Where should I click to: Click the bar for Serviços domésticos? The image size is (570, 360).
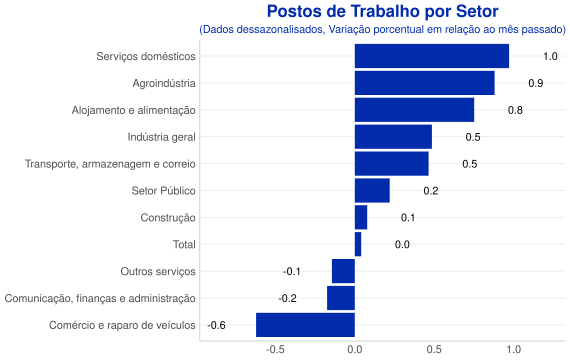pyautogui.click(x=432, y=56)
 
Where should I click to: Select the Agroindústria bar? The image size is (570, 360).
pyautogui.click(x=425, y=83)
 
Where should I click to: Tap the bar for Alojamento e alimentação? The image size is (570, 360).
pyautogui.click(x=414, y=110)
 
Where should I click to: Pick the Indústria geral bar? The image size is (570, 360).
pyautogui.click(x=393, y=137)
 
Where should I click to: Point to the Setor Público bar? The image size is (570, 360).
pyautogui.click(x=372, y=191)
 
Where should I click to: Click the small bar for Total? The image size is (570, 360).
pyautogui.click(x=358, y=244)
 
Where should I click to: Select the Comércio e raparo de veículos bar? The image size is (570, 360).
pyautogui.click(x=305, y=325)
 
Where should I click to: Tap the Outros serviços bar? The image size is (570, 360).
pyautogui.click(x=343, y=271)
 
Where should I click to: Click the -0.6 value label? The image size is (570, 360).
pyautogui.click(x=216, y=325)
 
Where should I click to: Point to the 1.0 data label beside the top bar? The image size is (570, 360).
pyautogui.click(x=550, y=56)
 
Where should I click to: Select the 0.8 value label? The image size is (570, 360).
pyautogui.click(x=515, y=110)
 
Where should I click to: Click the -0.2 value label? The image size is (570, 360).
pyautogui.click(x=287, y=298)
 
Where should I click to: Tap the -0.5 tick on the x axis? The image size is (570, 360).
pyautogui.click(x=275, y=350)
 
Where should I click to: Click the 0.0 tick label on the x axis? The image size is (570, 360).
pyautogui.click(x=355, y=350)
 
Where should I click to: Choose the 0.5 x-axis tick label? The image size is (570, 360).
pyautogui.click(x=434, y=350)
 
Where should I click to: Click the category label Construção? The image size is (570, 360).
pyautogui.click(x=168, y=218)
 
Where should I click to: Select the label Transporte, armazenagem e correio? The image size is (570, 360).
pyautogui.click(x=110, y=164)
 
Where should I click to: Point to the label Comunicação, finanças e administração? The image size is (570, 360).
pyautogui.click(x=100, y=299)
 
